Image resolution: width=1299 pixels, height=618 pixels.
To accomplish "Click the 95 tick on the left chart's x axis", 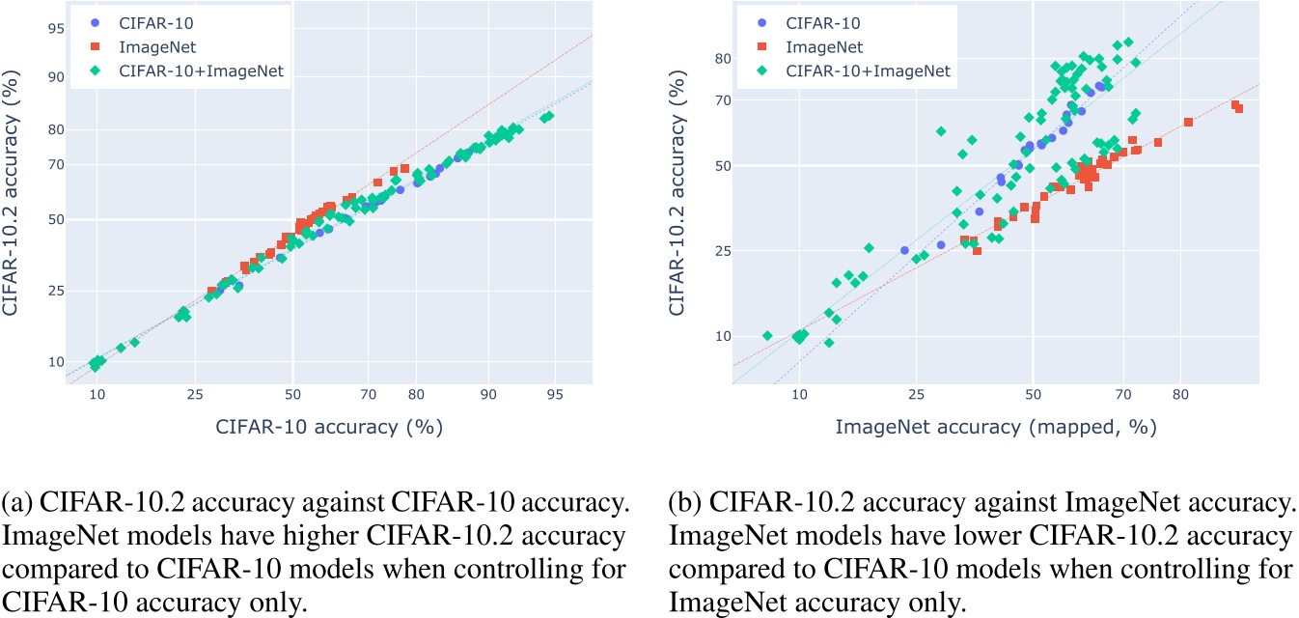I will tap(555, 396).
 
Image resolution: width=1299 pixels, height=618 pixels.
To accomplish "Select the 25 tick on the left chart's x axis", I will tap(195, 396).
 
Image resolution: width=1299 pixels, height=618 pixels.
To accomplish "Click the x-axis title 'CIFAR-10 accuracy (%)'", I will tap(328, 425).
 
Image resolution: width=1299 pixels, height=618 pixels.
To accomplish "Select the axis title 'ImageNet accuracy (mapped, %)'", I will tap(996, 425).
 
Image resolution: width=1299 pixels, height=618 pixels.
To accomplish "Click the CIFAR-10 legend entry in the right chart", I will tap(822, 22).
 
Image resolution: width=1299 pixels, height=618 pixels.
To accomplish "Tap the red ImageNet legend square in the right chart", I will tap(762, 46).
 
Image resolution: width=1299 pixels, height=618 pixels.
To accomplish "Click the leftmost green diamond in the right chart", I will tap(767, 335).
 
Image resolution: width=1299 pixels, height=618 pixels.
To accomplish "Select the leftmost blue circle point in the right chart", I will tap(904, 250).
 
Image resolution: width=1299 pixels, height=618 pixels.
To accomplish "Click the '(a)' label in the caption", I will tap(16, 530).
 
